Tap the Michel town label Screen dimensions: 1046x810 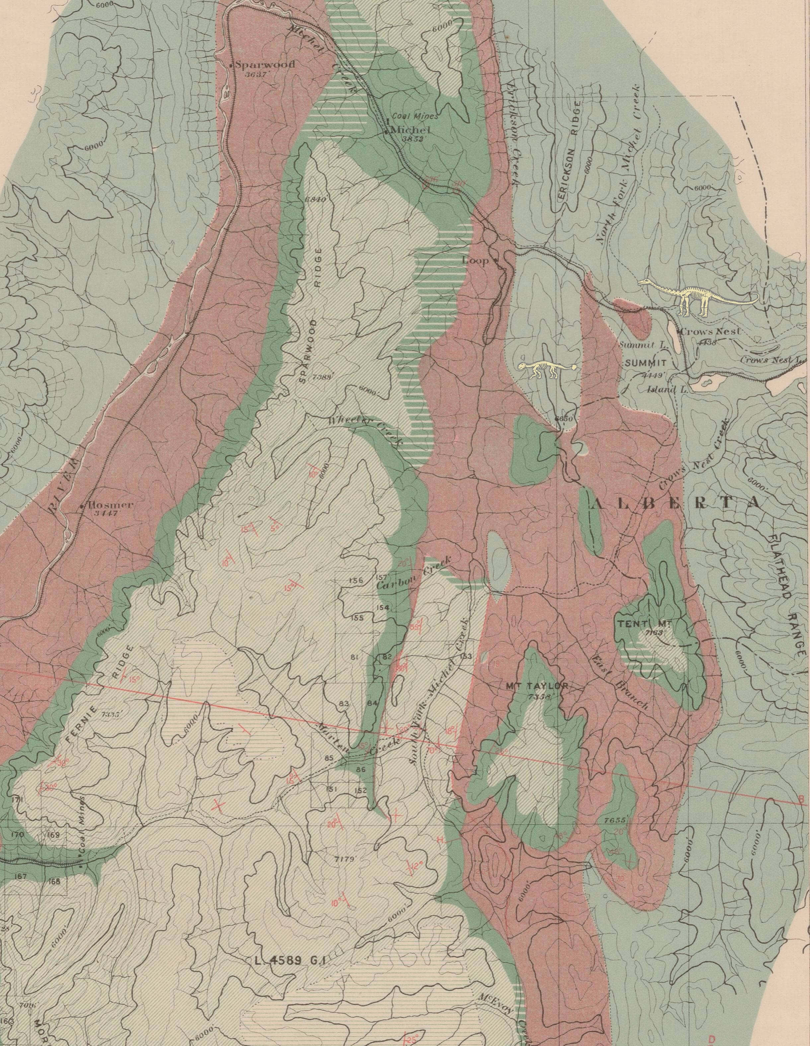point(411,130)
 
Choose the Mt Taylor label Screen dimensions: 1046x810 point(536,686)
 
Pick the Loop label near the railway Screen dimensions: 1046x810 point(476,261)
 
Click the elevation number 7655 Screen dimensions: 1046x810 point(615,820)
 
